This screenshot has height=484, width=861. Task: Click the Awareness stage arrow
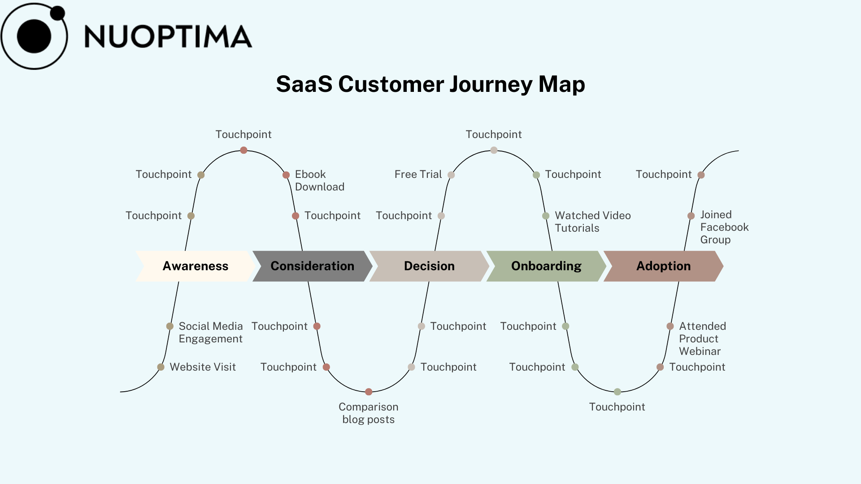click(x=196, y=266)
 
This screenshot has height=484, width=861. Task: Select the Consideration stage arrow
click(x=313, y=266)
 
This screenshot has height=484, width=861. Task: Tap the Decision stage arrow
click(x=429, y=266)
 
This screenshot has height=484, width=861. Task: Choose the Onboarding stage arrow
click(x=546, y=266)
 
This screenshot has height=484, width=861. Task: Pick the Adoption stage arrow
click(x=663, y=266)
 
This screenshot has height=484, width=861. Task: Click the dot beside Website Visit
click(x=161, y=367)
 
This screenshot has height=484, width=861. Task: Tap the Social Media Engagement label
click(x=211, y=333)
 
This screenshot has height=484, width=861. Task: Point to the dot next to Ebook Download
click(x=286, y=175)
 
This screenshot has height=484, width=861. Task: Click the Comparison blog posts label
click(x=369, y=413)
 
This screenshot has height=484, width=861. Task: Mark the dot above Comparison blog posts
click(x=369, y=392)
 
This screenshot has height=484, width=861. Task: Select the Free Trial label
click(x=418, y=174)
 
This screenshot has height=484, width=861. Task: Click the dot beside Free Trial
click(x=451, y=175)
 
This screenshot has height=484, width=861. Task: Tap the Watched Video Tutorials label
click(x=593, y=222)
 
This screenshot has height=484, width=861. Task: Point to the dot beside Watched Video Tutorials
click(x=546, y=216)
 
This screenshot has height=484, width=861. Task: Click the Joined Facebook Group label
click(x=725, y=227)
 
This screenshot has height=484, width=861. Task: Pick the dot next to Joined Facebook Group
click(x=691, y=216)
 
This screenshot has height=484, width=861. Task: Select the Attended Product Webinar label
click(x=702, y=339)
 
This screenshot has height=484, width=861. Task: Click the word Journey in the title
click(x=491, y=84)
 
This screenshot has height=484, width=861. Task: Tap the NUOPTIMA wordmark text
click(x=168, y=37)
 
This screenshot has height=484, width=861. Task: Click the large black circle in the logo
click(x=34, y=36)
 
